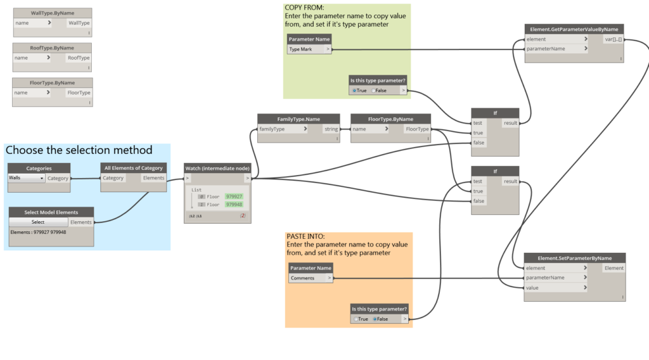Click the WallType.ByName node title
[x=53, y=13]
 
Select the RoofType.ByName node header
[x=52, y=48]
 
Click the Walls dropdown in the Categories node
[x=26, y=178]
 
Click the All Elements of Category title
[x=133, y=168]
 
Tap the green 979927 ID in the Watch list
[x=235, y=196]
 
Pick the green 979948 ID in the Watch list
[x=235, y=205]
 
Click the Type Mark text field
[x=306, y=49]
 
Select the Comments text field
[x=308, y=278]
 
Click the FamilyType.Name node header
[x=299, y=119]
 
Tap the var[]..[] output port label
[x=613, y=39]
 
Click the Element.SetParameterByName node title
[x=574, y=258]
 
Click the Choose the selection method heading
[x=79, y=150]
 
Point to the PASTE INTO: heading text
[x=306, y=236]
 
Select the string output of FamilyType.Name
[x=331, y=129]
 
